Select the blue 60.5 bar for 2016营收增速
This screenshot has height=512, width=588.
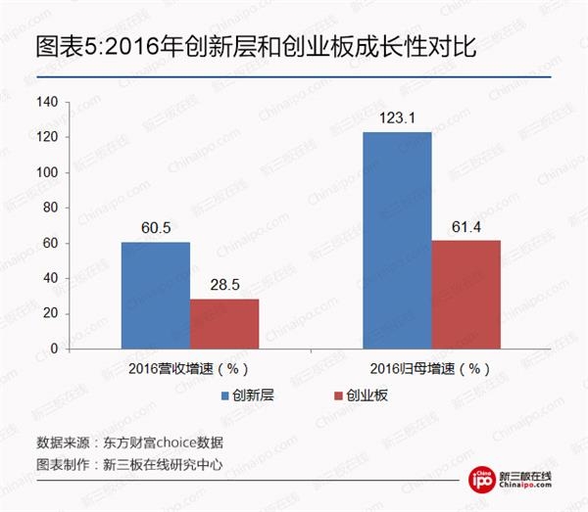(156, 295)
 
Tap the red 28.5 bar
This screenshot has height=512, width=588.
(224, 323)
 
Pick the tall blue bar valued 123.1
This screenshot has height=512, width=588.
(397, 240)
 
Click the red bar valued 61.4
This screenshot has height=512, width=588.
(466, 294)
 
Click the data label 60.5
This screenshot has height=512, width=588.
(156, 229)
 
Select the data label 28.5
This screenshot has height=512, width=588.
(224, 286)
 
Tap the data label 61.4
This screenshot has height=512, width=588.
(466, 228)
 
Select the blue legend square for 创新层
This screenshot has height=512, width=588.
(224, 396)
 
